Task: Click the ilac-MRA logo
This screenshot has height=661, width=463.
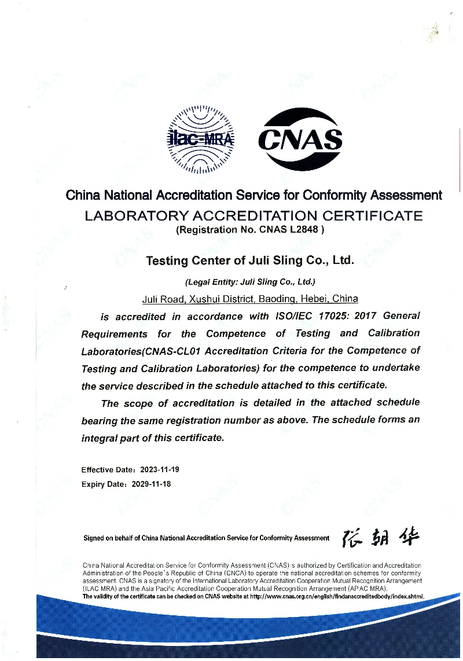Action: (x=201, y=139)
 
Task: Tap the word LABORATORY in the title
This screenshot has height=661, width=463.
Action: (x=136, y=216)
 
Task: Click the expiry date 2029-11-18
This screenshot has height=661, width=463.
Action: (x=152, y=484)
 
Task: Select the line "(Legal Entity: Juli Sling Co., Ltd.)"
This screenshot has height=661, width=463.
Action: (x=250, y=282)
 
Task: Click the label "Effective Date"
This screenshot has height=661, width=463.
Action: (x=105, y=469)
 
